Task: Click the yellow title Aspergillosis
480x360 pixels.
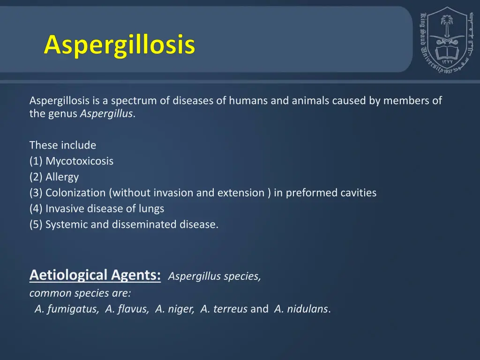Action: pyautogui.click(x=120, y=45)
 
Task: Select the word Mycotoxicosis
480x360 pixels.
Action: pyautogui.click(x=79, y=161)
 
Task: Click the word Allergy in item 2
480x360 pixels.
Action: pyautogui.click(x=62, y=177)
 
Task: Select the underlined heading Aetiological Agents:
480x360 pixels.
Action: pyautogui.click(x=95, y=275)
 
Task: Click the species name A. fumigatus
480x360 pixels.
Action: pyautogui.click(x=67, y=309)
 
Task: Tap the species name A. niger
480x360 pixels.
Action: pyautogui.click(x=174, y=309)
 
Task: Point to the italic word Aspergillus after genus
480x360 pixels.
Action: pyautogui.click(x=106, y=114)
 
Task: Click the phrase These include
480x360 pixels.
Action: pyautogui.click(x=62, y=145)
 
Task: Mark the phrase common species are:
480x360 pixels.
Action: pyautogui.click(x=80, y=293)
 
